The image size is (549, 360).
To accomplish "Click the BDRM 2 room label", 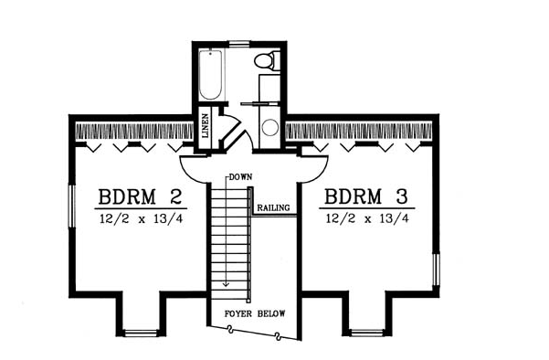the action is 140,196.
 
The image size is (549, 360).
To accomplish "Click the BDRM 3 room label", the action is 366,196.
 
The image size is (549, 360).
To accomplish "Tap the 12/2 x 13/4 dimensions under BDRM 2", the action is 142,219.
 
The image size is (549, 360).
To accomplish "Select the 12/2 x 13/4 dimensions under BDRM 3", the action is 367,219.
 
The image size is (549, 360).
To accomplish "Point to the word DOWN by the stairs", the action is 240,177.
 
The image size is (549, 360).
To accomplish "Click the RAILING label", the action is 274,207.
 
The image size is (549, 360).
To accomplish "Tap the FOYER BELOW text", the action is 255,313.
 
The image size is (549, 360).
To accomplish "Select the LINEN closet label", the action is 206,125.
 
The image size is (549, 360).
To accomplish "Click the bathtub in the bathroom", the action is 210,75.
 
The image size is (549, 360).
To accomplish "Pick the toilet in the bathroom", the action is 267,60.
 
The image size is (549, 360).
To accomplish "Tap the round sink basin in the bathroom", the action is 270,128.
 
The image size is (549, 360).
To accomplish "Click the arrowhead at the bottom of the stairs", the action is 227,284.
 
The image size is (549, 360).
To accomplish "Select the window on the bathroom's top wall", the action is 239,44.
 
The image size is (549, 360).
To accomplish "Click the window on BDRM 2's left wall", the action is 72,206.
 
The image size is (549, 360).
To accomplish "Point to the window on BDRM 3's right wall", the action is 436,270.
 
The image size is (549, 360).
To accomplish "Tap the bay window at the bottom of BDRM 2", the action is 141,333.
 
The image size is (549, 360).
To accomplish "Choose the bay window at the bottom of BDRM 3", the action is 367,333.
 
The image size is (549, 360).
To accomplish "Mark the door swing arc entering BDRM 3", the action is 316,173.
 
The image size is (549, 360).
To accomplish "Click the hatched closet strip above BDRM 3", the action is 359,131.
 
